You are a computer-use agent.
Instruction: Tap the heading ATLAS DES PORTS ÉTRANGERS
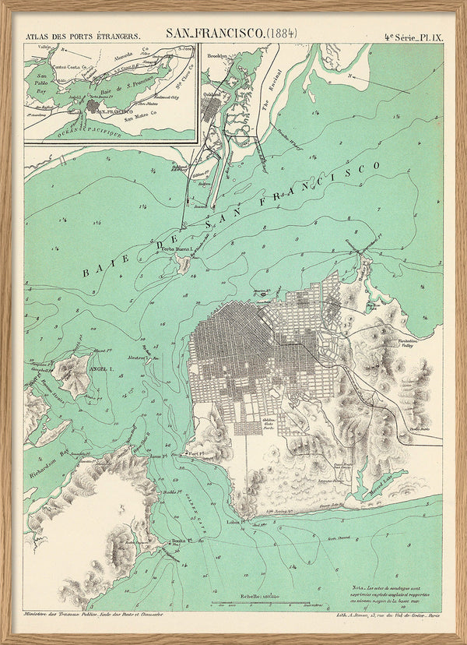pyautogui.click(x=83, y=36)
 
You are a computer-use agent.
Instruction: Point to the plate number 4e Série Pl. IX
pyautogui.click(x=413, y=36)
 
